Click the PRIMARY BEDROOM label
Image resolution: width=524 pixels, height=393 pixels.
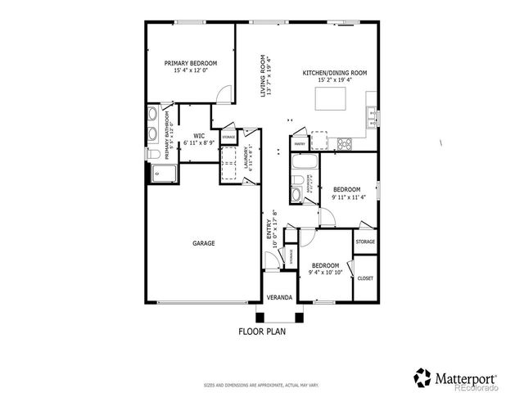[x=191, y=63]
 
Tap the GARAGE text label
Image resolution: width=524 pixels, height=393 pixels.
[x=204, y=243]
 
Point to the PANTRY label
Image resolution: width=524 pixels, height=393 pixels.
[x=300, y=142]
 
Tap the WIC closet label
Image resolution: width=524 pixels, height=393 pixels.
[x=199, y=136]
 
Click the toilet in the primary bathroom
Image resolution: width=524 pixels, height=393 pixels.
[x=152, y=153]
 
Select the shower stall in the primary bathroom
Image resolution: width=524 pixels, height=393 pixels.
[x=163, y=173]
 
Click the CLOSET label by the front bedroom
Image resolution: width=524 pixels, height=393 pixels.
[x=365, y=278]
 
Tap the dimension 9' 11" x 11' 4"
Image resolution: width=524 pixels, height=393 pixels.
[x=348, y=197]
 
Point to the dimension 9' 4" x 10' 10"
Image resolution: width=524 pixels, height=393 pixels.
[x=325, y=272]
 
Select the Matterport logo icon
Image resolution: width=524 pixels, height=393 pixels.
[x=422, y=377]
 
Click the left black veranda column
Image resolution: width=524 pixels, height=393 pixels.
[x=260, y=318]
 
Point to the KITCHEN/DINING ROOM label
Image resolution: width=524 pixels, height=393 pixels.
[x=334, y=73]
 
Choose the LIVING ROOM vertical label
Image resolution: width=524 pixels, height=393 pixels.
[x=264, y=75]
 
